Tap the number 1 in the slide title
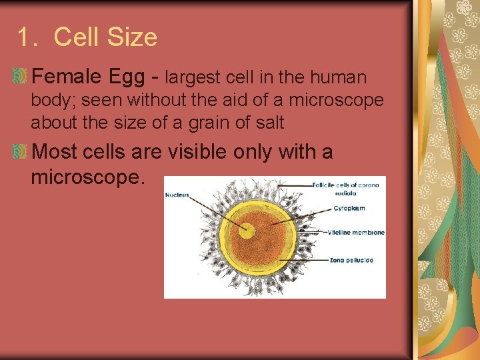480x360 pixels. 25,37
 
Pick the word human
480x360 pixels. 338,78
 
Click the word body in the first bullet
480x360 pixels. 49,101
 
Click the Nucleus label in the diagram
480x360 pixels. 177,195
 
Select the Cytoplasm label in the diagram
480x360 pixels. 349,208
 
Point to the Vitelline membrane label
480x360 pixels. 356,233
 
